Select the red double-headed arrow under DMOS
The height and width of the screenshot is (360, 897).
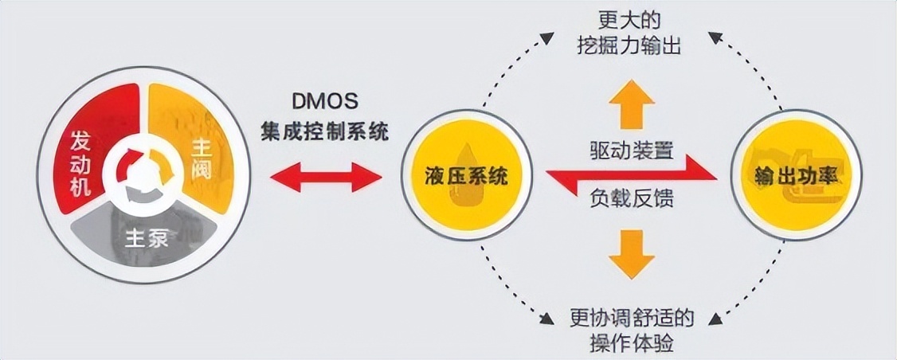pos(325,176)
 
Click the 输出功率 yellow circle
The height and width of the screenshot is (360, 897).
pos(797,176)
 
